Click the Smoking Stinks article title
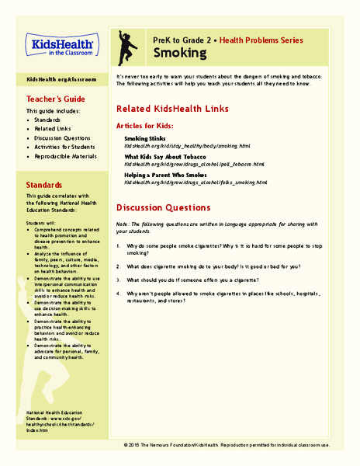[x=147, y=138]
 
